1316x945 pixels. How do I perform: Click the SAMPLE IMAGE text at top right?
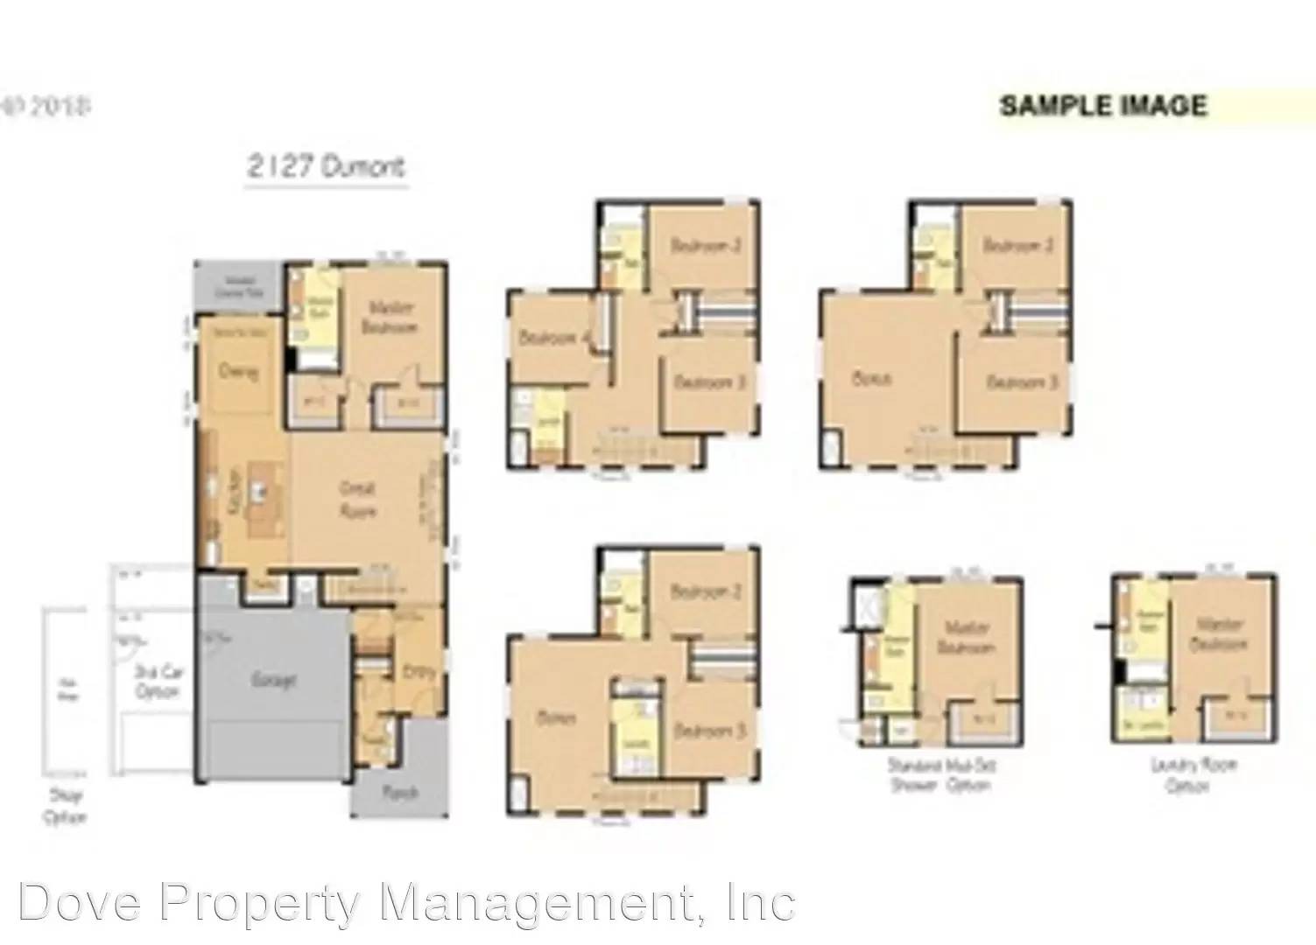tap(1103, 106)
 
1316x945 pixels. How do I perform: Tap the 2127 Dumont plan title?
tap(326, 166)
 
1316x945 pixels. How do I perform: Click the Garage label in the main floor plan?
tap(274, 679)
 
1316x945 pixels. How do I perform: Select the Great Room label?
tap(357, 499)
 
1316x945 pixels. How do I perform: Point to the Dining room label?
tap(238, 372)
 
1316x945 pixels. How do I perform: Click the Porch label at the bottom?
tap(399, 793)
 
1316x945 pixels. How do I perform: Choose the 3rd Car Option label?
tap(158, 682)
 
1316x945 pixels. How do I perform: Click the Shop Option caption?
tap(65, 808)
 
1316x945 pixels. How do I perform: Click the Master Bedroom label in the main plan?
tap(391, 317)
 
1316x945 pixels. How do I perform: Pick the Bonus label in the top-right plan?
tap(871, 379)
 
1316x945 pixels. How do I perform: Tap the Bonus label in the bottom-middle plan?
tap(556, 718)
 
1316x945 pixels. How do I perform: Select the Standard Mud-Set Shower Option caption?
tap(941, 775)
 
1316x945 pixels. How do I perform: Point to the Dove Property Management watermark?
tap(406, 901)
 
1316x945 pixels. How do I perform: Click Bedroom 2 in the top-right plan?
tap(1018, 245)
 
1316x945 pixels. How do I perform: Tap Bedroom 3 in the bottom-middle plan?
tap(709, 729)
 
